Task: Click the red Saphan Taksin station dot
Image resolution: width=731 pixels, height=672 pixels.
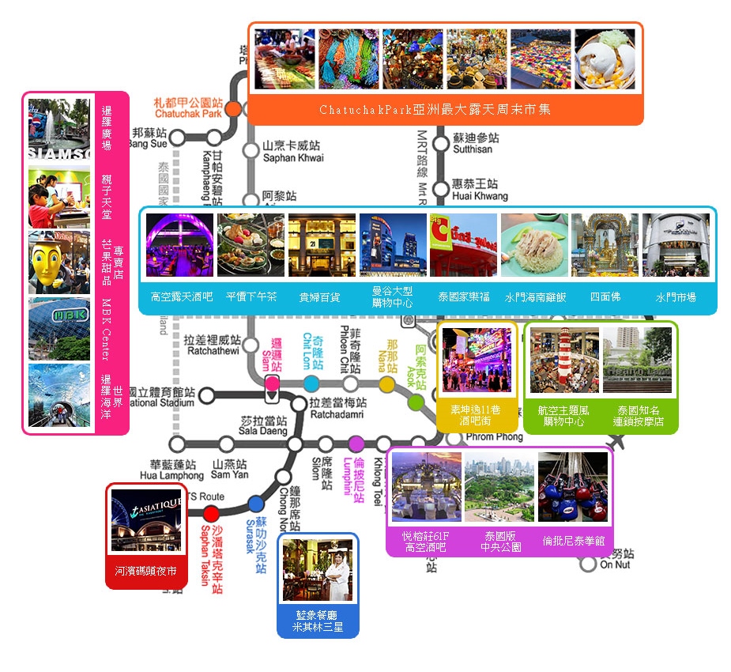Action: [x=211, y=514]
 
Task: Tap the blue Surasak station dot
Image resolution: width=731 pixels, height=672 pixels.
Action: [x=255, y=504]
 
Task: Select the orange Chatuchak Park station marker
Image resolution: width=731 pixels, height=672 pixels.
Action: [x=234, y=108]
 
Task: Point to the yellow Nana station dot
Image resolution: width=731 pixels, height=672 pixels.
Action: [x=386, y=384]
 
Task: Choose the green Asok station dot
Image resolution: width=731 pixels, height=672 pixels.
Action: [x=416, y=402]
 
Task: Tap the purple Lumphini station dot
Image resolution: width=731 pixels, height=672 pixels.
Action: [x=356, y=444]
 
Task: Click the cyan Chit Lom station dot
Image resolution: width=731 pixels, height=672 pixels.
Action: [x=311, y=384]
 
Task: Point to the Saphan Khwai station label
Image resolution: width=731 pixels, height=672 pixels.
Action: [x=292, y=152]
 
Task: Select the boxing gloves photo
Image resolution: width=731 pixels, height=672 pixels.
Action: [x=573, y=488]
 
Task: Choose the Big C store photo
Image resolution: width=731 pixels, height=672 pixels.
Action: [x=464, y=244]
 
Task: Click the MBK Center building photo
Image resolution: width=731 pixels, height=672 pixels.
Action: [x=59, y=328]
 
